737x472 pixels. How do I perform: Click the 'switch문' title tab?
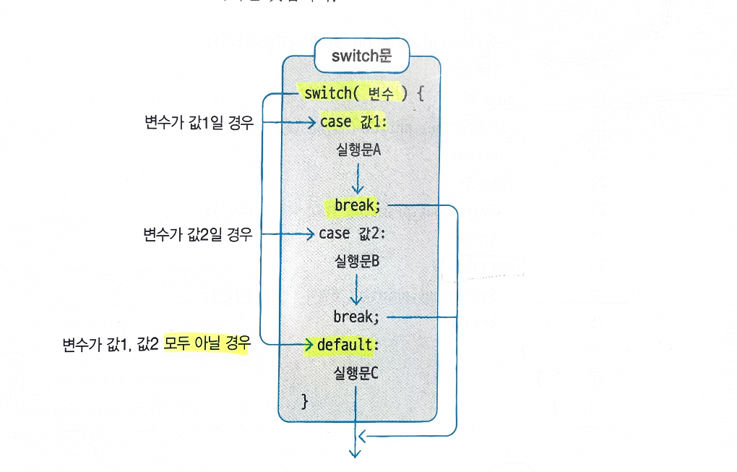pos(361,56)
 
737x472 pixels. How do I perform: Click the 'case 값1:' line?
pos(354,122)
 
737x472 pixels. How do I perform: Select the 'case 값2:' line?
pos(353,233)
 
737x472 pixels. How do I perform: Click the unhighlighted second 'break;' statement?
pos(356,317)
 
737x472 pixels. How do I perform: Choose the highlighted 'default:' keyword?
pos(344,345)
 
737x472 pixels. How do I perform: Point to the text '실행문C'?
pos(358,373)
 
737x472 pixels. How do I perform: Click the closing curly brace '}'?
pos(304,400)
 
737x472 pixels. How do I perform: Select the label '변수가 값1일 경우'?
pos(199,122)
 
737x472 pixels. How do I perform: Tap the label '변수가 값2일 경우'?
pos(198,234)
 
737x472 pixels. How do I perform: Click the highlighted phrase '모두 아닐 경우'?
pos(207,345)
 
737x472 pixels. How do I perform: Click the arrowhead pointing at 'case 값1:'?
pos(312,122)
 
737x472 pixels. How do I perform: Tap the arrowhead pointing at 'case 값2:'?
pos(310,234)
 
